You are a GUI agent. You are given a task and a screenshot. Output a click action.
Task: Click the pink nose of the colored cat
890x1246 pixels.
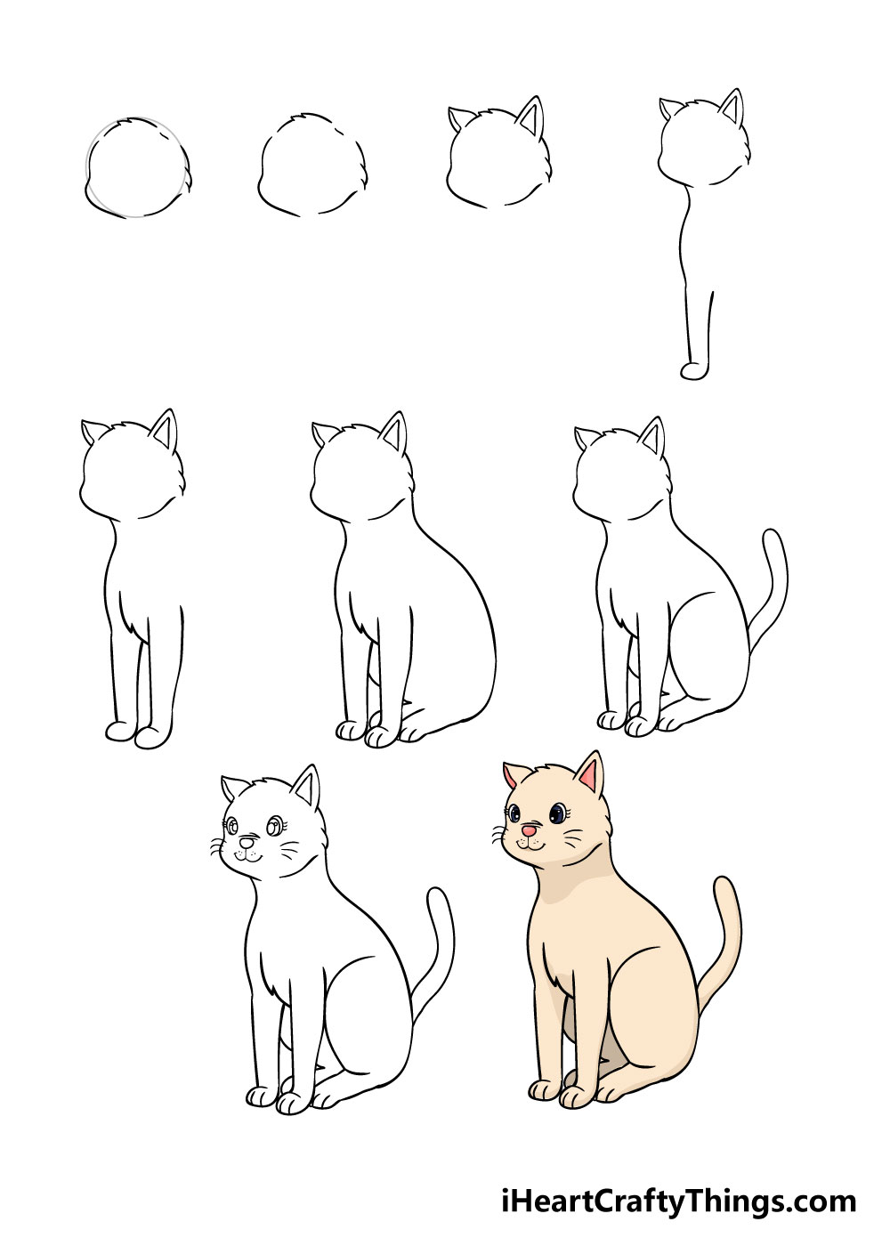tap(529, 830)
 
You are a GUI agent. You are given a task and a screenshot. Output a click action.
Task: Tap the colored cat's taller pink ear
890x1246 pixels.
tap(589, 775)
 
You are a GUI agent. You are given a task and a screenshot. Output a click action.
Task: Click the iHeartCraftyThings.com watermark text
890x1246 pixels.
tap(677, 1201)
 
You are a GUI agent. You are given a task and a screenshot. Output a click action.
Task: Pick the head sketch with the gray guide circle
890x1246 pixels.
tap(138, 168)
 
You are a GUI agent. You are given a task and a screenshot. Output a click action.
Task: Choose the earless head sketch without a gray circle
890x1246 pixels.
tap(312, 166)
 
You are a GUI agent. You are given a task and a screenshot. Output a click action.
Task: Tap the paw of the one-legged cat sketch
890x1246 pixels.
tap(695, 370)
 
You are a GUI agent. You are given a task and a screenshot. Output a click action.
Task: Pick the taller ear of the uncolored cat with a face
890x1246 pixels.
tap(307, 788)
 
